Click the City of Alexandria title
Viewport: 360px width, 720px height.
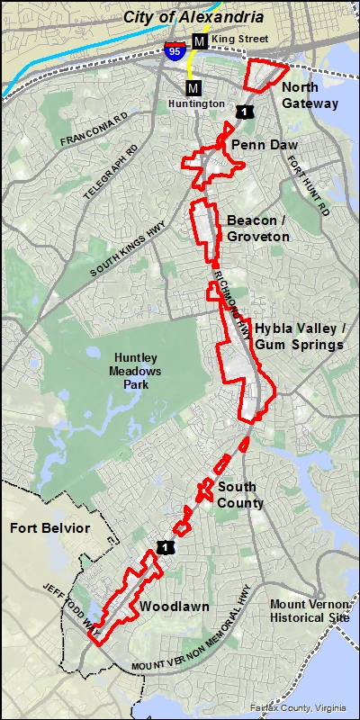coord(193,17)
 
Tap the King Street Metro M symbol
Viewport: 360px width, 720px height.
coord(199,41)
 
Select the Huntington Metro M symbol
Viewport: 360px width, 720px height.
coord(193,87)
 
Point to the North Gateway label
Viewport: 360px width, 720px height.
coord(310,95)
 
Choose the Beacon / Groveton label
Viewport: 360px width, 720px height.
coord(258,229)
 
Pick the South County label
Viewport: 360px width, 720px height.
coord(240,496)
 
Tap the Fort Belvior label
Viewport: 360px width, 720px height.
coord(50,528)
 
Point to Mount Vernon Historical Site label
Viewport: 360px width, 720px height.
coord(308,611)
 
